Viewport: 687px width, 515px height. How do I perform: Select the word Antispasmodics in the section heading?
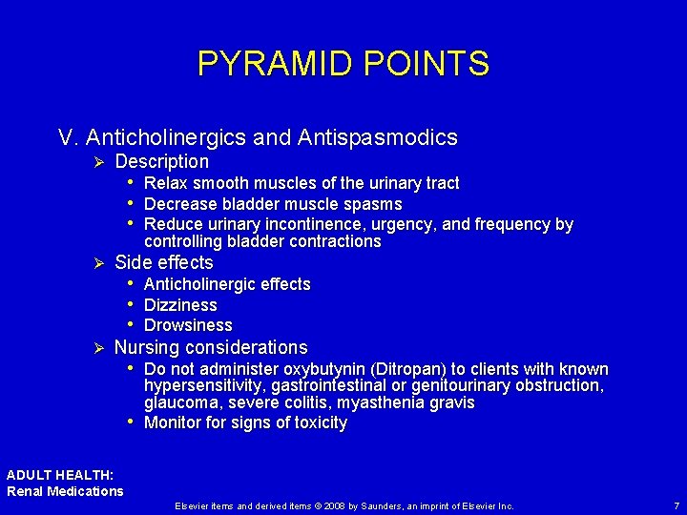click(378, 137)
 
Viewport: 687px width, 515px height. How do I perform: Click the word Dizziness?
click(180, 305)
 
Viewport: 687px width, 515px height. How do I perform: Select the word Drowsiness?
click(188, 325)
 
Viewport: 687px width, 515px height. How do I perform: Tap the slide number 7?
click(676, 505)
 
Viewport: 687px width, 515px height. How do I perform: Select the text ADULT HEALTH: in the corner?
click(60, 475)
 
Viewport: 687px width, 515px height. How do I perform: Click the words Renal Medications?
click(65, 491)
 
